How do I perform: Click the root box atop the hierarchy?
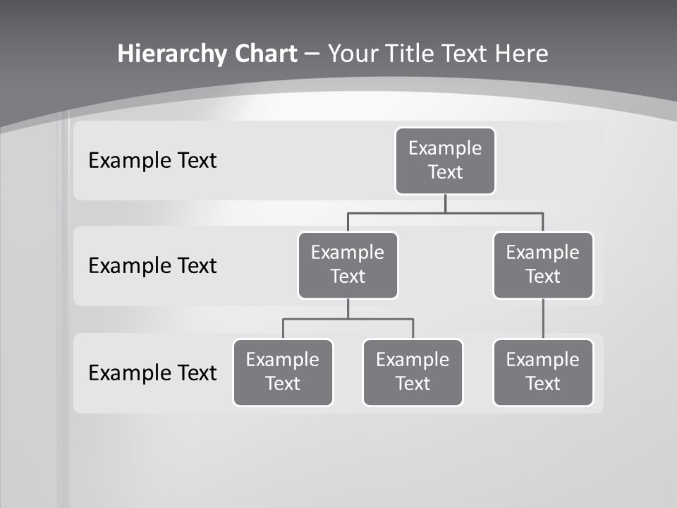[x=445, y=160]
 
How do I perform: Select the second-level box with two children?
[x=348, y=265]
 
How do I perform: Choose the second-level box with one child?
[x=543, y=265]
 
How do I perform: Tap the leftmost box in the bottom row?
[x=283, y=372]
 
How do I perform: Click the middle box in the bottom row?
[x=413, y=372]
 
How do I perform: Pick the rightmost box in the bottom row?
[x=543, y=372]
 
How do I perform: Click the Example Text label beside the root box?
[x=152, y=161]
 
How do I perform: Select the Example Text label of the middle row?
[x=152, y=266]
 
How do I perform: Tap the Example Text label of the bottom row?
[x=152, y=373]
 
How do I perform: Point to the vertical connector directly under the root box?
[x=445, y=203]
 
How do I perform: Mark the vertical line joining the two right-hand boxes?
[x=543, y=318]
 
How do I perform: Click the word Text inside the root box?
[x=445, y=172]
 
